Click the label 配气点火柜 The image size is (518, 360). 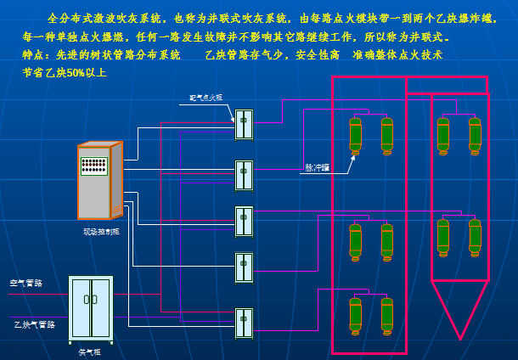tap(205, 98)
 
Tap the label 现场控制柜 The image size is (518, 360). tap(100, 231)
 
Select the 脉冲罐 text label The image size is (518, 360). tap(317, 167)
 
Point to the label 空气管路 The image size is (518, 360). tap(26, 283)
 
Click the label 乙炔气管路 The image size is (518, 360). tap(34, 324)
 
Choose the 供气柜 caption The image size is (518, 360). tap(89, 352)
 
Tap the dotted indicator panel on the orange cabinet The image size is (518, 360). tap(93, 166)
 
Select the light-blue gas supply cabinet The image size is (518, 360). tap(90, 308)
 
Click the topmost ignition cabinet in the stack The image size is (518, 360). tap(244, 125)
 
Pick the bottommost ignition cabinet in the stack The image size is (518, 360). tap(244, 323)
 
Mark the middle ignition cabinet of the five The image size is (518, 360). tap(244, 222)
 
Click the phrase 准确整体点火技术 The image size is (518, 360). tap(397, 54)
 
